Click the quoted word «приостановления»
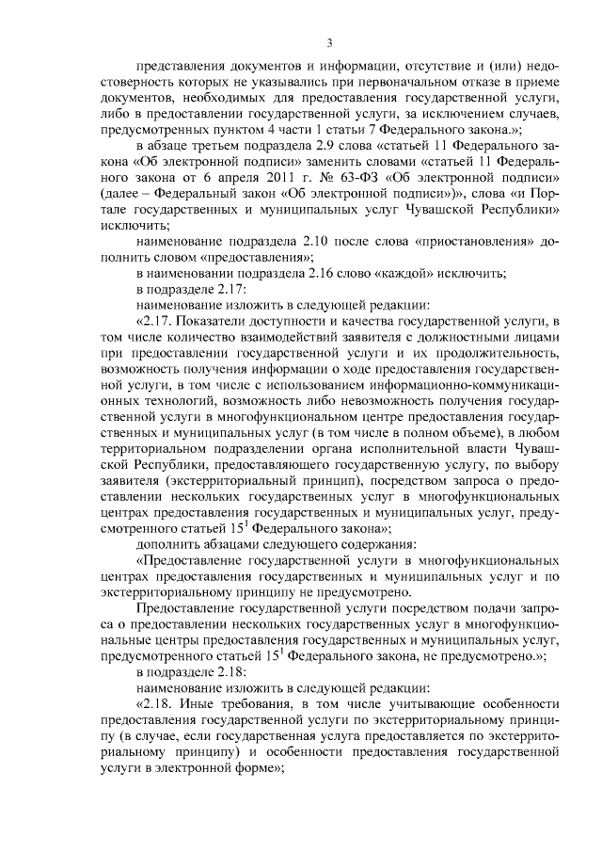(x=468, y=242)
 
